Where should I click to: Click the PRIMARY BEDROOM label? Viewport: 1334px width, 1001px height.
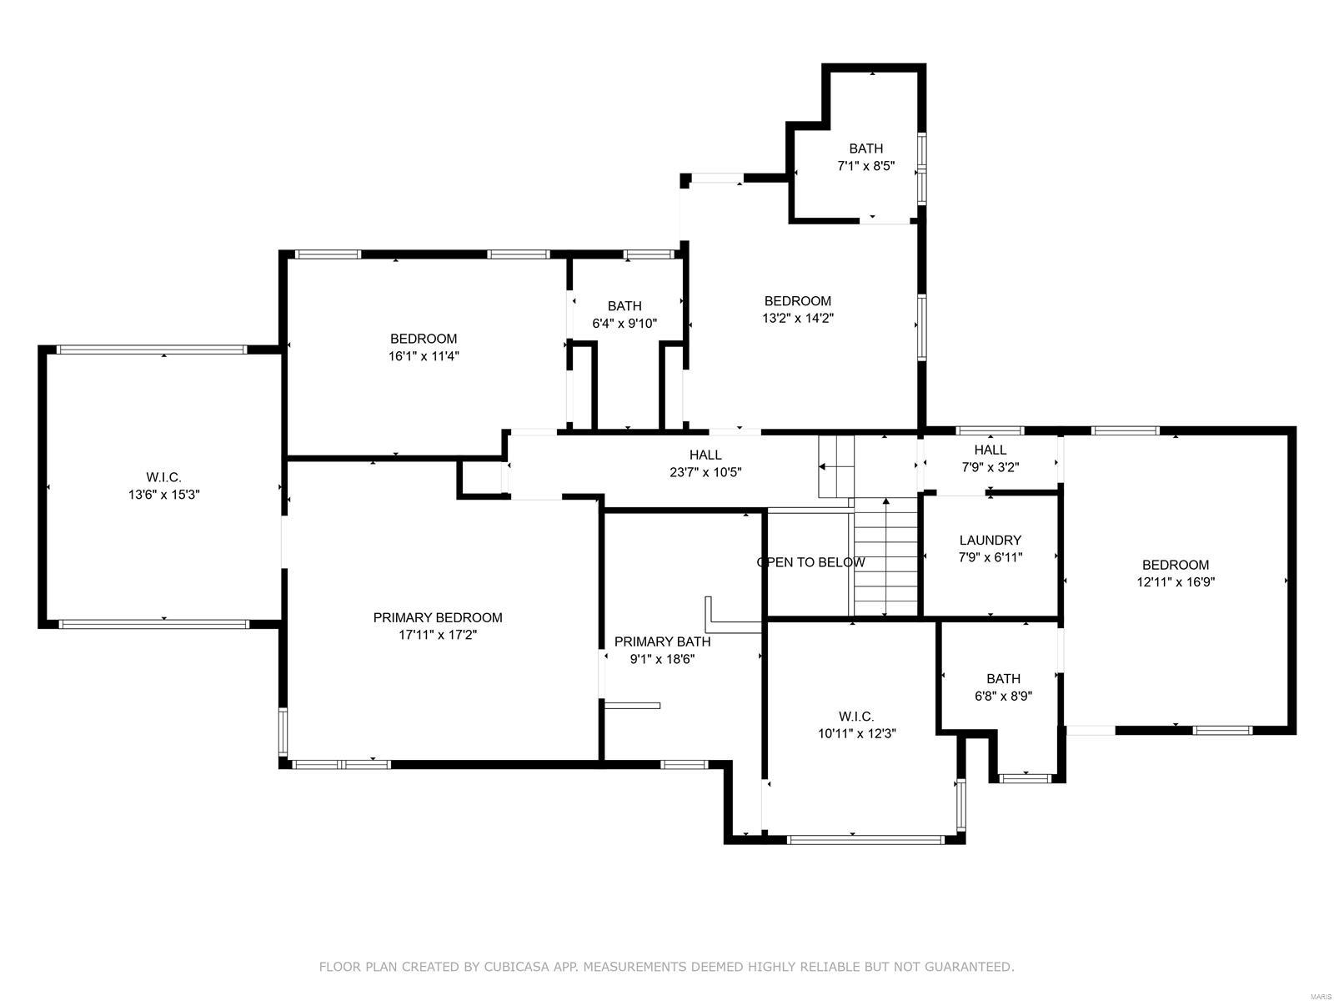point(438,617)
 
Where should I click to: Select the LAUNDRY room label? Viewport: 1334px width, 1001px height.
point(990,541)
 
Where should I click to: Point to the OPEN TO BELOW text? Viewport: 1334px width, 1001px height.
point(810,562)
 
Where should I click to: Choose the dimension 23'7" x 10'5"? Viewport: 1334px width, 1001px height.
point(705,472)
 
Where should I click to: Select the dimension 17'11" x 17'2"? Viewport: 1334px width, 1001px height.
point(438,635)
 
